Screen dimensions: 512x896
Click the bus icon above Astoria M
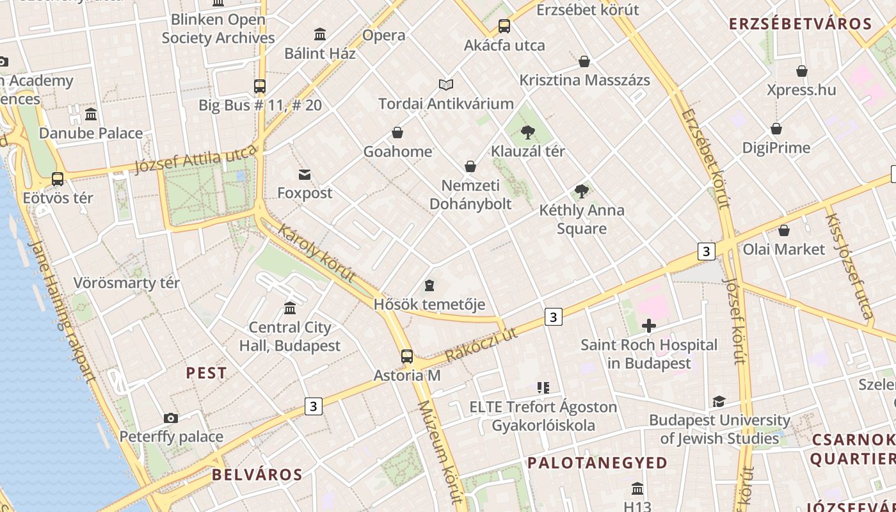406,356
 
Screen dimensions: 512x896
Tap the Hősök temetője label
429,304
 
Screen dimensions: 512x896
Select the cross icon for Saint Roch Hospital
649,326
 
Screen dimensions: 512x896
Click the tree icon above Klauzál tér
528,132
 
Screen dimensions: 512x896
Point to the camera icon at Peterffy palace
171,418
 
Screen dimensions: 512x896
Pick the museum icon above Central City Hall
290,308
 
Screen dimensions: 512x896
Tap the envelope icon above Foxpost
305,174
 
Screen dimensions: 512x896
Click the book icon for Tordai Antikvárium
446,84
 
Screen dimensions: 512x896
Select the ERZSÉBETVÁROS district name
801,24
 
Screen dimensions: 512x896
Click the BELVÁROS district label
257,474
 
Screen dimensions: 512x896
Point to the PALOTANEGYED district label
597,462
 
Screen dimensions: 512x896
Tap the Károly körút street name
317,253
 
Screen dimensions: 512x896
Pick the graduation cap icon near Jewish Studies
719,401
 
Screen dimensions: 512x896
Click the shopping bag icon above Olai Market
784,230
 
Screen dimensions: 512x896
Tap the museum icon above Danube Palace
91,115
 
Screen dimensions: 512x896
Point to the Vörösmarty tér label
127,283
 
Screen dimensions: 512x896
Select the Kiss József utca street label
849,266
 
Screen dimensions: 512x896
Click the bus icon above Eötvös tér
58,179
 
